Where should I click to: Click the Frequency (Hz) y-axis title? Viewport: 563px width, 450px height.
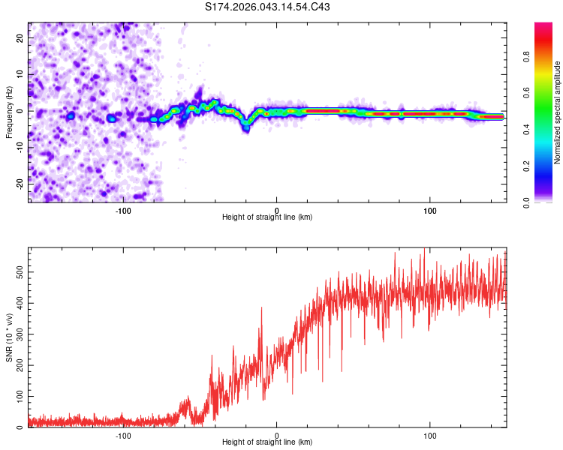pyautogui.click(x=9, y=112)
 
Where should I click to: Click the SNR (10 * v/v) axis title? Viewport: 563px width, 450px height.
pyautogui.click(x=9, y=336)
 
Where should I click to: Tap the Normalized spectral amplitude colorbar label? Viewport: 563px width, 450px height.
pyautogui.click(x=557, y=112)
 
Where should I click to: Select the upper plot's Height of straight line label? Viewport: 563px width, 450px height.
pyautogui.click(x=267, y=217)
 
